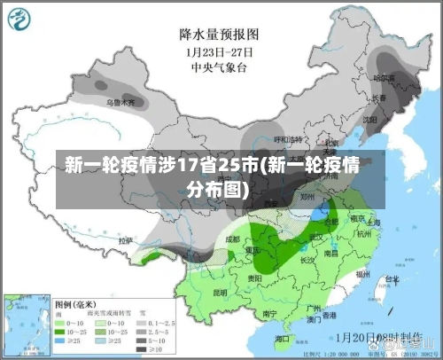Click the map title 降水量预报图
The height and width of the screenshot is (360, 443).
219,34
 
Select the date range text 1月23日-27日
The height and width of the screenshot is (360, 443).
219,51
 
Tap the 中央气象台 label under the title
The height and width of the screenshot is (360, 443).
219,66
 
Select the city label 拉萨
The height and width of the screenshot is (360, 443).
126,240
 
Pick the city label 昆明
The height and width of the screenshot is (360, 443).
220,292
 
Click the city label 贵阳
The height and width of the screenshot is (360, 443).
255,278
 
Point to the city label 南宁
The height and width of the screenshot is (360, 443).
271,313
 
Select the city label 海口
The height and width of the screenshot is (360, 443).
282,339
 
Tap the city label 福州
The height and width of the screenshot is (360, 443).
363,276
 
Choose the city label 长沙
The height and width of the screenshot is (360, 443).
308,261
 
